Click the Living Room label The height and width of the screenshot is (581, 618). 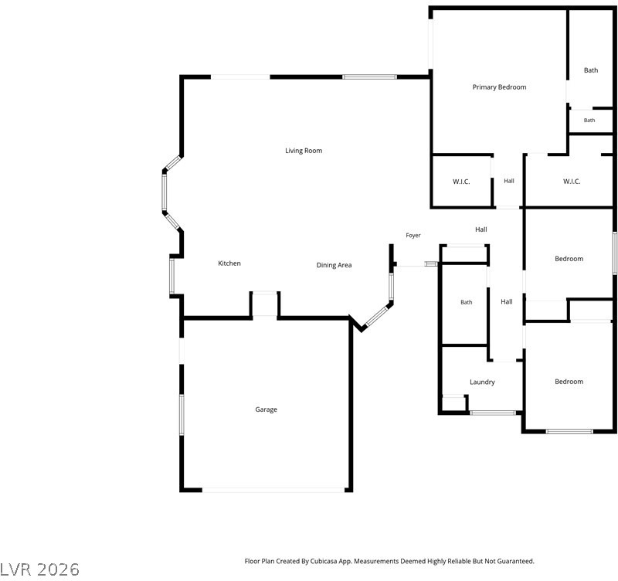click(304, 151)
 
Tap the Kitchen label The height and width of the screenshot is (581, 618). click(229, 263)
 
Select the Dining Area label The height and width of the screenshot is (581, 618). click(334, 265)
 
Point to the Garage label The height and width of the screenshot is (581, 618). click(266, 409)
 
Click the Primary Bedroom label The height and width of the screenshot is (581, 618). click(499, 87)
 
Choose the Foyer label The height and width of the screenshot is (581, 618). click(413, 236)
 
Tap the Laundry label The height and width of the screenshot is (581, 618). click(482, 382)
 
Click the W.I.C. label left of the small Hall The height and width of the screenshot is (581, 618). click(461, 182)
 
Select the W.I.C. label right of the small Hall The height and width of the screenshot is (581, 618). click(572, 182)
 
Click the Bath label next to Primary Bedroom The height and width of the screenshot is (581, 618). click(591, 70)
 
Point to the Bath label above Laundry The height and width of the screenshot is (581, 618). click(467, 302)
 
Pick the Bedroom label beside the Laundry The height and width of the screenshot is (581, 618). click(569, 382)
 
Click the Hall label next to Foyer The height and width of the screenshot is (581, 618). click(480, 229)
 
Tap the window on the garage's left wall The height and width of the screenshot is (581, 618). click(182, 414)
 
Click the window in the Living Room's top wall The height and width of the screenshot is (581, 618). click(369, 76)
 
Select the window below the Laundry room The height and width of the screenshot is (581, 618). click(493, 413)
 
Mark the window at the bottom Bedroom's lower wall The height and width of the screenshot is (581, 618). click(569, 431)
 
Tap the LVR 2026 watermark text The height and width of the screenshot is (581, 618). click(39, 569)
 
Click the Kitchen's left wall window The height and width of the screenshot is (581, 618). click(171, 276)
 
